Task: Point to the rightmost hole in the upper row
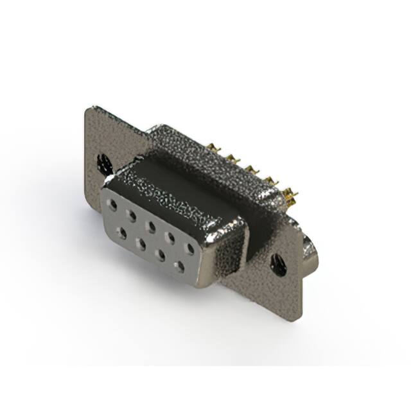(x=189, y=247)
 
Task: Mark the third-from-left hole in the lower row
(x=160, y=254)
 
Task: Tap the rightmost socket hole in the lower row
(x=180, y=265)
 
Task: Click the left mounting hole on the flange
(x=102, y=163)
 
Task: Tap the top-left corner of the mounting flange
(x=89, y=110)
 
